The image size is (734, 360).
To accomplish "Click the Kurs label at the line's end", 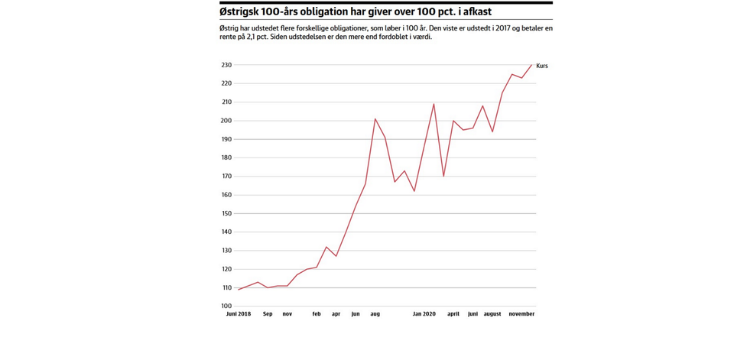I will pos(542,66).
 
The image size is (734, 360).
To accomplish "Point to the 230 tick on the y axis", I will pos(227,65).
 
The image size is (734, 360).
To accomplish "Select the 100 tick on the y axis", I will pos(227,306).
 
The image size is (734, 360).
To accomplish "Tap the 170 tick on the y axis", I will pos(227,177).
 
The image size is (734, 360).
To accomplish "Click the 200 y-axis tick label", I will pos(227,121).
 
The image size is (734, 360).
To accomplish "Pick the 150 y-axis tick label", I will pos(227,213).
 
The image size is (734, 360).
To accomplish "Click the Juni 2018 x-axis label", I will pos(239,314).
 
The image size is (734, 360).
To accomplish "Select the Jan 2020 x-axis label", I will pos(424,314).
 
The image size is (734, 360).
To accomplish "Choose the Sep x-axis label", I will pos(268,314).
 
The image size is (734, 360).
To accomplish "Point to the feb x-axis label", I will pos(317,314).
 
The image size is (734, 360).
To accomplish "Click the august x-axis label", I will pos(492,314).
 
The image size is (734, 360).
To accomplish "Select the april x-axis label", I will pos(453,314).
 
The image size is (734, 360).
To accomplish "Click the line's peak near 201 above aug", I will pos(375,118).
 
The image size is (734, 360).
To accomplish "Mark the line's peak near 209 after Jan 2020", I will pos(434,104).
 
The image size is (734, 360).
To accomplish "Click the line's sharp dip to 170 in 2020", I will pos(443,177).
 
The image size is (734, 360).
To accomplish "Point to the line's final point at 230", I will pos(531,65).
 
